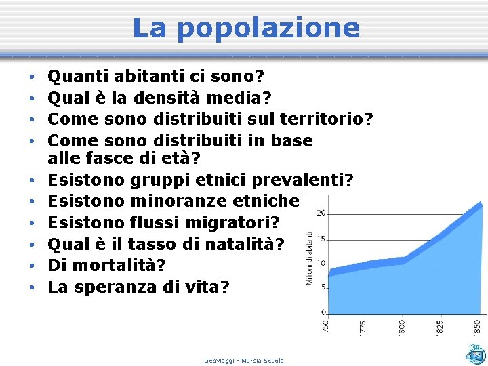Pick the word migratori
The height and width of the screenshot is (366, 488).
click(230, 222)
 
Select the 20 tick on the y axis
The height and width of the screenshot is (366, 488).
click(321, 213)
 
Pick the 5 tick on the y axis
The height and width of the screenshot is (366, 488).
click(323, 287)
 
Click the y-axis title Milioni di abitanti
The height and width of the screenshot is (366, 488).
click(310, 258)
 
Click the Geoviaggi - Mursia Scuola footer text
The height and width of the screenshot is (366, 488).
click(244, 361)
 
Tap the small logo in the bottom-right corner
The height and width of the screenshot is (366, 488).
click(475, 354)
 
